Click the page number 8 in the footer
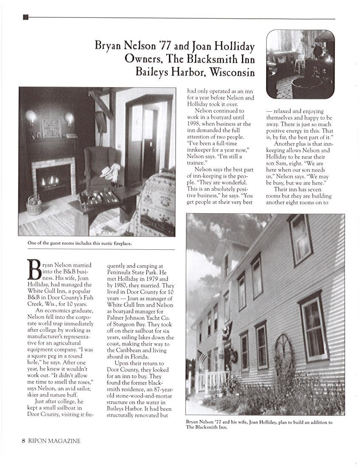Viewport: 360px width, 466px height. click(24, 441)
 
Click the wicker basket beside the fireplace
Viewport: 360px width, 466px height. click(34, 206)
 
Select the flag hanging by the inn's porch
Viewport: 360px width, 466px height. click(202, 359)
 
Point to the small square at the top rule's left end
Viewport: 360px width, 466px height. click(26, 17)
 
